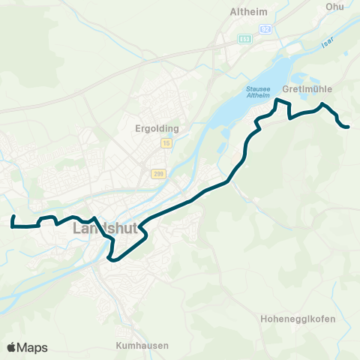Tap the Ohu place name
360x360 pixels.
334,7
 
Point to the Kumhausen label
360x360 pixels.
142,346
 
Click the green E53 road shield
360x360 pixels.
244,37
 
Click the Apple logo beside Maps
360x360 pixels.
11,347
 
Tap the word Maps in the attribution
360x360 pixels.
32,347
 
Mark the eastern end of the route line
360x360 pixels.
349,127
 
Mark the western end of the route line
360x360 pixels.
13,216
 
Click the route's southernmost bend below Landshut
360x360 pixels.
111,259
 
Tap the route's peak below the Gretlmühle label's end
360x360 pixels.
322,104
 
